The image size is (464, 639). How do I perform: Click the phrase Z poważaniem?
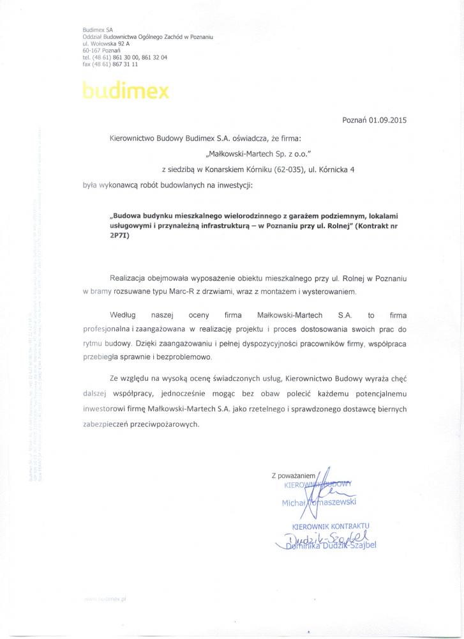[294, 475]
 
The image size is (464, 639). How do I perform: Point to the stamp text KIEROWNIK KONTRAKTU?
[331, 525]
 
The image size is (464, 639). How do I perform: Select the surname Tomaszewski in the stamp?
[333, 502]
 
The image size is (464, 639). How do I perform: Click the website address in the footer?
[105, 597]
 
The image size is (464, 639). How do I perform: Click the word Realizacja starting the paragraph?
[131, 279]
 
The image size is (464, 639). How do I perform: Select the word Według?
[123, 315]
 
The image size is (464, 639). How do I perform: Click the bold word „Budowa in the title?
[128, 217]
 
